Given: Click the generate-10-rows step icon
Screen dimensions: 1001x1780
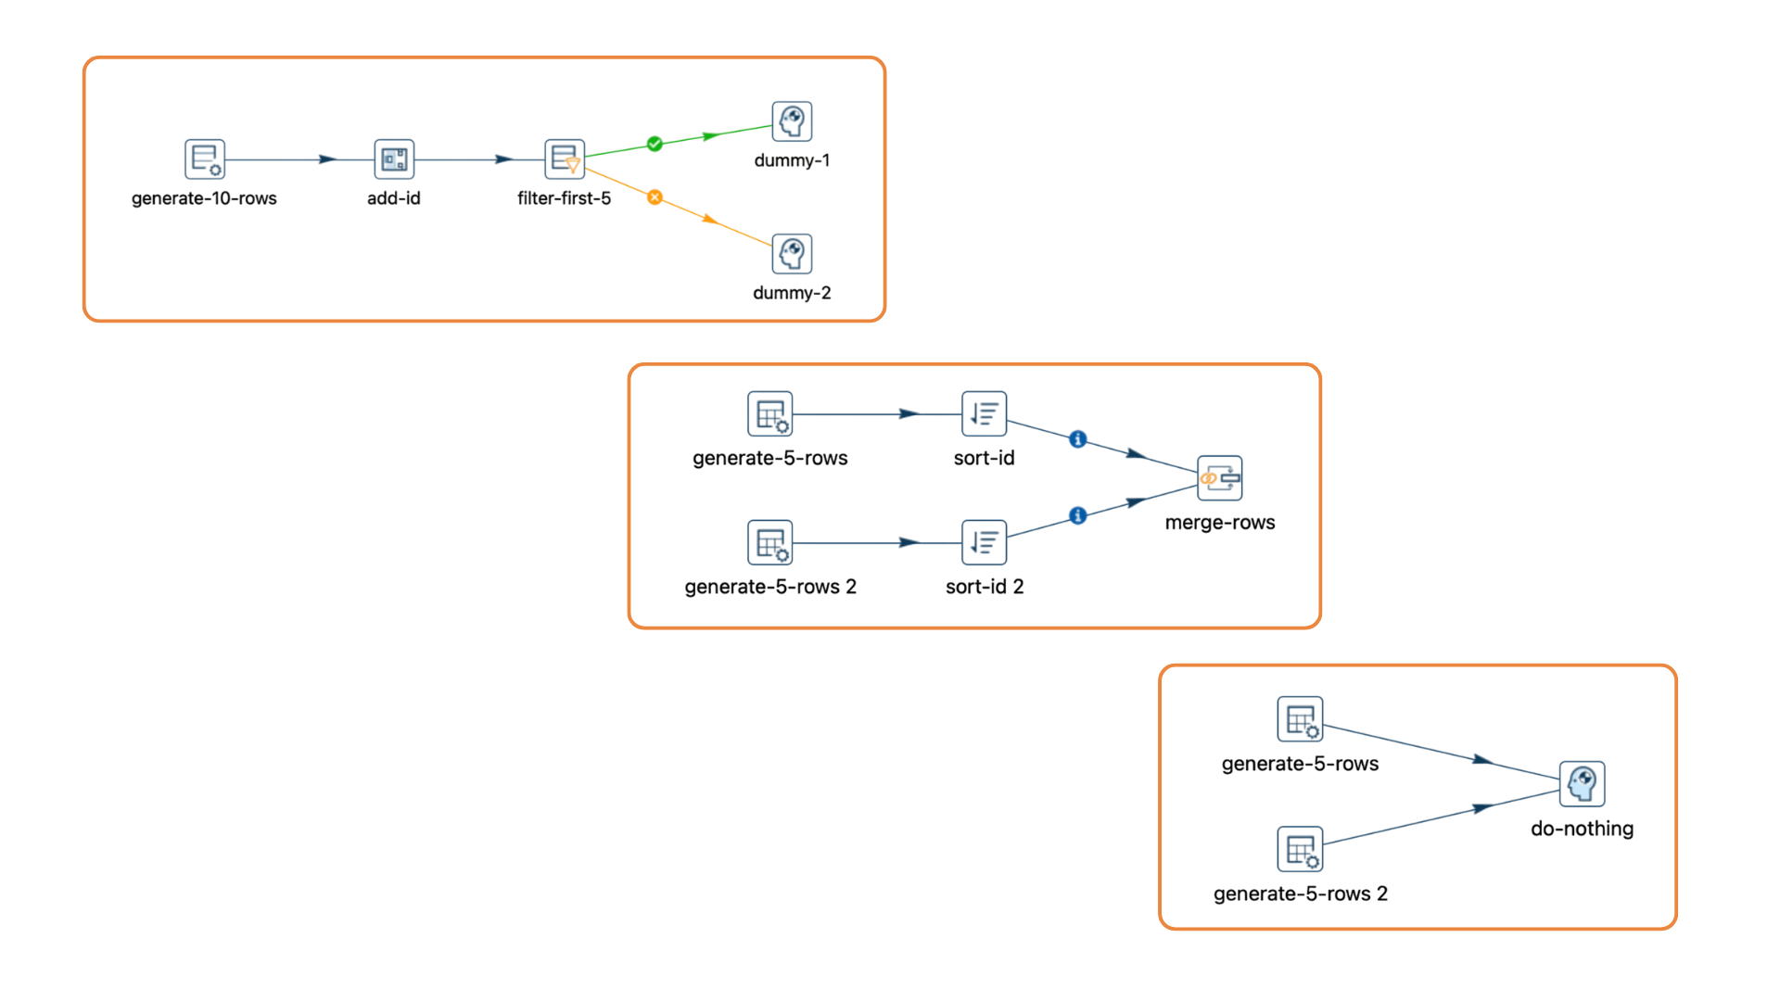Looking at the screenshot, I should (204, 159).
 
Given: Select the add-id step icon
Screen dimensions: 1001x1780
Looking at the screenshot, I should (394, 159).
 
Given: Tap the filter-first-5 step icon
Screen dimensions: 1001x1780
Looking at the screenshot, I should (564, 159).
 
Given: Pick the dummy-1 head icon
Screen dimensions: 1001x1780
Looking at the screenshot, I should (792, 121).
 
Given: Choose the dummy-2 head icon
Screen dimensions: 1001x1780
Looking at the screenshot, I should (792, 254).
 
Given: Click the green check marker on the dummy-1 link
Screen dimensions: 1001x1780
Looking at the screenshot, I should (655, 144).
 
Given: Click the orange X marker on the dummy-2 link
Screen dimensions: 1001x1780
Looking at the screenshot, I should (655, 197).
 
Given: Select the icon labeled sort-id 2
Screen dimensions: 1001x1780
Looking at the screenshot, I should (984, 542).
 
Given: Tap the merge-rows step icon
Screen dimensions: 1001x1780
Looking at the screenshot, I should (1219, 478).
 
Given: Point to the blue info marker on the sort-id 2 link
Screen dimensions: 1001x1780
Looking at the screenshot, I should (1077, 515).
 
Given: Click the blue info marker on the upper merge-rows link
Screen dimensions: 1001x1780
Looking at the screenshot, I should (1077, 439).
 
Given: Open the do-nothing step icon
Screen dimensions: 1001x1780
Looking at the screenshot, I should (1582, 784).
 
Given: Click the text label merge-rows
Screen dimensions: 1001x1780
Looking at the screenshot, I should (1219, 523).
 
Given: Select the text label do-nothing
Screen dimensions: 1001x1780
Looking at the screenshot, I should (1582, 829).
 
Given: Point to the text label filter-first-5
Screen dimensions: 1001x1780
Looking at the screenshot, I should (564, 198).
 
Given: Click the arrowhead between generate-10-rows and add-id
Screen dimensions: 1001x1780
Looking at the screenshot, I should (327, 159).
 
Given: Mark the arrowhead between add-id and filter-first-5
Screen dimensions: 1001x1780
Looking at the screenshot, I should (503, 159).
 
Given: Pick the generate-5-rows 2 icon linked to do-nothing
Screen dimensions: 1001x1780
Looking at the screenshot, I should (1300, 849).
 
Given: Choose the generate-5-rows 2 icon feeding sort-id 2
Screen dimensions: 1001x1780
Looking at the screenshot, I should (770, 542).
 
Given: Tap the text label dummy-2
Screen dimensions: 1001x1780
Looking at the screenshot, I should (792, 293).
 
